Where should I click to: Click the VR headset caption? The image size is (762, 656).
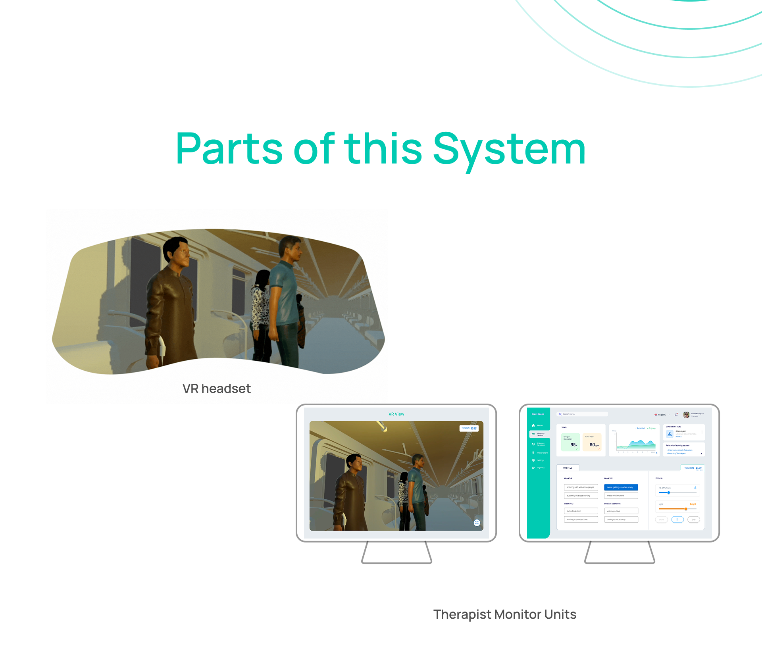(216, 389)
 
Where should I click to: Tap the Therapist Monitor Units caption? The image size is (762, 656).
(504, 614)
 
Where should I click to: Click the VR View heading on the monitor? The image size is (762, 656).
(396, 414)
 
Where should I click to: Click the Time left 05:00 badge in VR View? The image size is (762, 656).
(469, 428)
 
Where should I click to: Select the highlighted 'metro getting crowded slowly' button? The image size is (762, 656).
(621, 487)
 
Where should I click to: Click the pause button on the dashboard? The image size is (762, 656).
(677, 519)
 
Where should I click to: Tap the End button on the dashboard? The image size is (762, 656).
(693, 519)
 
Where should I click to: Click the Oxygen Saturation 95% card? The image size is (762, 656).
(570, 442)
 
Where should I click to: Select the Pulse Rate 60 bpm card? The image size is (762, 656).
(592, 442)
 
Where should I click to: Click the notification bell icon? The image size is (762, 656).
(676, 415)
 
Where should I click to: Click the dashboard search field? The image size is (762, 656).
(582, 414)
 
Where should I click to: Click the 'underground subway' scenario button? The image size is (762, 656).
(621, 519)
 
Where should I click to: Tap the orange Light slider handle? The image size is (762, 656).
(685, 509)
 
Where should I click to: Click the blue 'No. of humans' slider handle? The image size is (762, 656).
(668, 492)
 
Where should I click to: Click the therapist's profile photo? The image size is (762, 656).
(686, 415)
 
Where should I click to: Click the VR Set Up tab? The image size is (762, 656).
(568, 468)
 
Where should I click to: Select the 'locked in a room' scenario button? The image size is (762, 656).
(581, 511)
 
